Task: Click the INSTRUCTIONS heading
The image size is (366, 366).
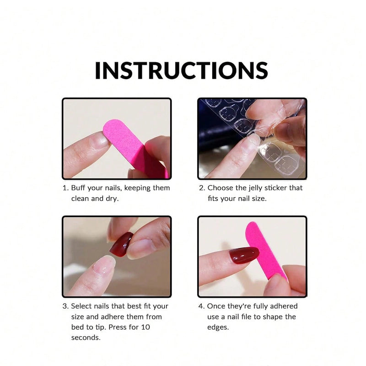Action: tap(181, 70)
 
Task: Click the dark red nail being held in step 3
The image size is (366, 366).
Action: tap(121, 244)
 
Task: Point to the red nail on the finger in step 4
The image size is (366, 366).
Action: tap(243, 255)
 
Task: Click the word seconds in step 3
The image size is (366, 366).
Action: tap(86, 338)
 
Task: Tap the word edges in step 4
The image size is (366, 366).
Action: tap(217, 327)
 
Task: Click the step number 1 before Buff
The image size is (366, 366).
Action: tap(65, 188)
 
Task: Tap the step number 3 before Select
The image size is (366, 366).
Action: tap(65, 306)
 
